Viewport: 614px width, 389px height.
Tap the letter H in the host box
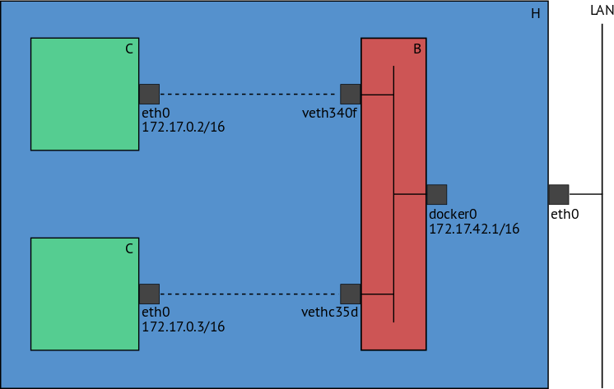coord(536,14)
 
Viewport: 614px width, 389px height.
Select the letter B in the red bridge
coord(417,49)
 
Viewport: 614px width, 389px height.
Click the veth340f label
coord(330,112)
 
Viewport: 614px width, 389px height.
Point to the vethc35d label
coord(330,313)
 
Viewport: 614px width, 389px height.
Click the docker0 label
coord(453,214)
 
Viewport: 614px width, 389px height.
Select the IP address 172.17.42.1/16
coord(474,229)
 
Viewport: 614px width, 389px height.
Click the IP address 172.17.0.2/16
coord(184,127)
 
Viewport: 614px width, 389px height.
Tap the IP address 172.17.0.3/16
coord(184,326)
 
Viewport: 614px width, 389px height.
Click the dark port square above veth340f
coord(350,94)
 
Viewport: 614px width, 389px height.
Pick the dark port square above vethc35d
coord(350,294)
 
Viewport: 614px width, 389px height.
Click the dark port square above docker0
coord(436,194)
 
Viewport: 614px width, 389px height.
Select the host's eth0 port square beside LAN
coord(558,194)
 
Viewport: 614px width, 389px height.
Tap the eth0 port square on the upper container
coord(149,94)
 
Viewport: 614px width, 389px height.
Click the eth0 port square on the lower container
coord(149,294)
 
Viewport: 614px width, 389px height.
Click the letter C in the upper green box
coord(129,49)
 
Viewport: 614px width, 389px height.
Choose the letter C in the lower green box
coord(129,248)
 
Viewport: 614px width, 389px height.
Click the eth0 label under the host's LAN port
coord(565,215)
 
